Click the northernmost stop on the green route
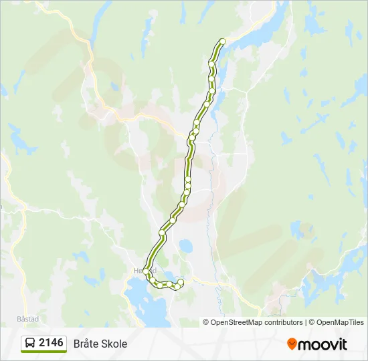coord(223,41)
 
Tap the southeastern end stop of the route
coord(181,282)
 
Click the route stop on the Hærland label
coord(145,270)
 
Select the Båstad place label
coord(14,318)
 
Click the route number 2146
coord(52,343)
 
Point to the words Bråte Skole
coord(100,344)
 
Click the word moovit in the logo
coord(323,344)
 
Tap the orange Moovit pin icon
coord(292,344)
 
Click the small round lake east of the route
coord(185,247)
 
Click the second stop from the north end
coord(212,64)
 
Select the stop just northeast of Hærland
coord(162,233)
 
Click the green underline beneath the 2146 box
coord(43,352)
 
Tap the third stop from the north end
coord(212,78)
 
